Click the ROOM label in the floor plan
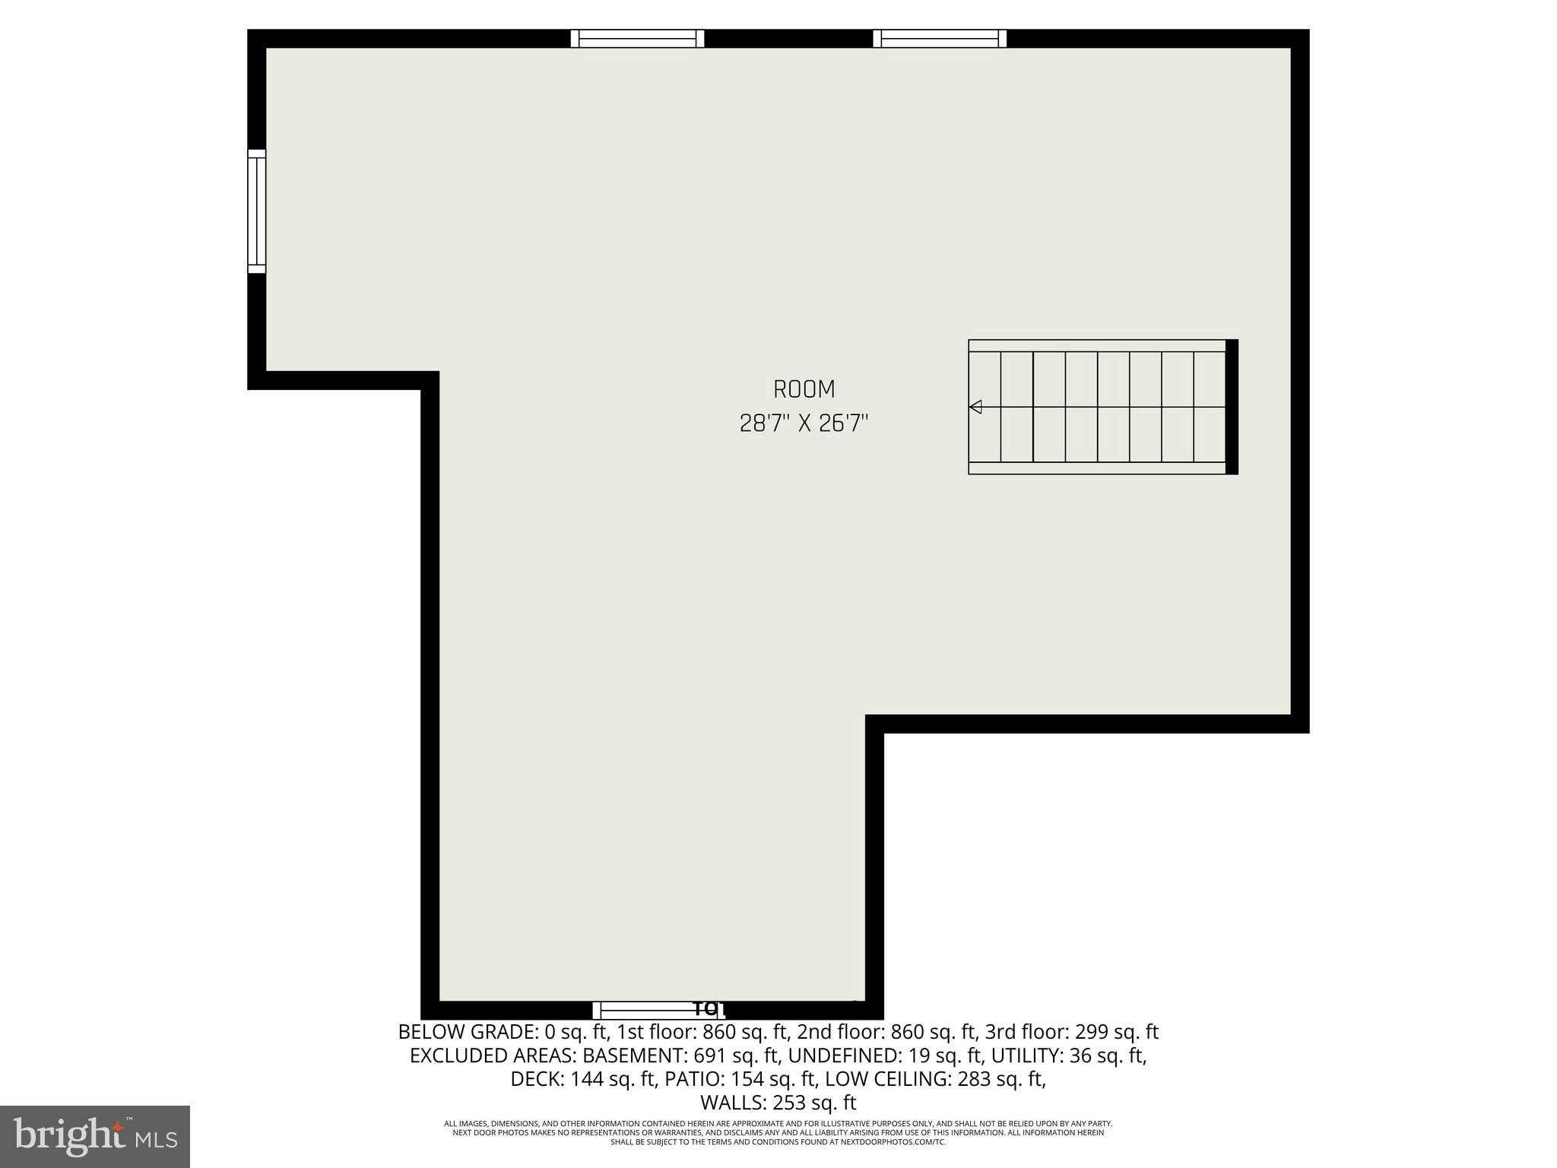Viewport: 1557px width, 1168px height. coord(804,389)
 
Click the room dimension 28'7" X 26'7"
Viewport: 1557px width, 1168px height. coord(804,424)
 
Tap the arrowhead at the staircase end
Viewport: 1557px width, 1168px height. coord(975,407)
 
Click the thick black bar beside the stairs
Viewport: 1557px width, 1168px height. coord(1232,407)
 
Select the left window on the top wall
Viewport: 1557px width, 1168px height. coord(637,38)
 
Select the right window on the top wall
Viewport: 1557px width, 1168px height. coord(940,38)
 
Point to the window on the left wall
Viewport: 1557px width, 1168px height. coord(257,211)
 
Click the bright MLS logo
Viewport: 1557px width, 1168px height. coord(95,1136)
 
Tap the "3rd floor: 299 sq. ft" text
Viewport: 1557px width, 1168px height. coord(1072,1033)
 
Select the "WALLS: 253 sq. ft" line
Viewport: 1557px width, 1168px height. coord(778,1103)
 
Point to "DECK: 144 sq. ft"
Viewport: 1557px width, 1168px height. coord(583,1080)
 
